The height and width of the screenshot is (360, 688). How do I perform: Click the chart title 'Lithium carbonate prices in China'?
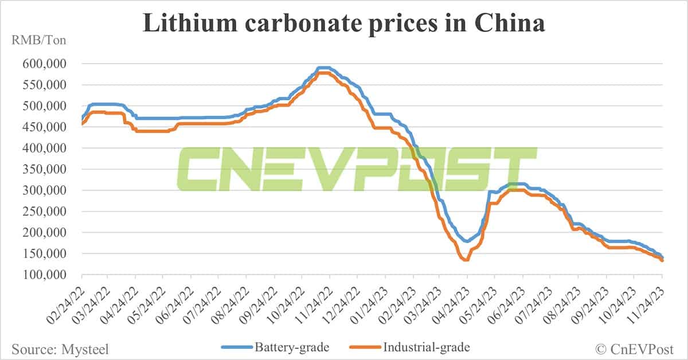(x=343, y=24)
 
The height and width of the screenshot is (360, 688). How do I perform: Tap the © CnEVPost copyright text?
(x=638, y=347)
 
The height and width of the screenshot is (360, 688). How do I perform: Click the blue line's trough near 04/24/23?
(x=467, y=241)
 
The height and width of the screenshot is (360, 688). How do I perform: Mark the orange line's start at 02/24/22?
(x=83, y=124)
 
